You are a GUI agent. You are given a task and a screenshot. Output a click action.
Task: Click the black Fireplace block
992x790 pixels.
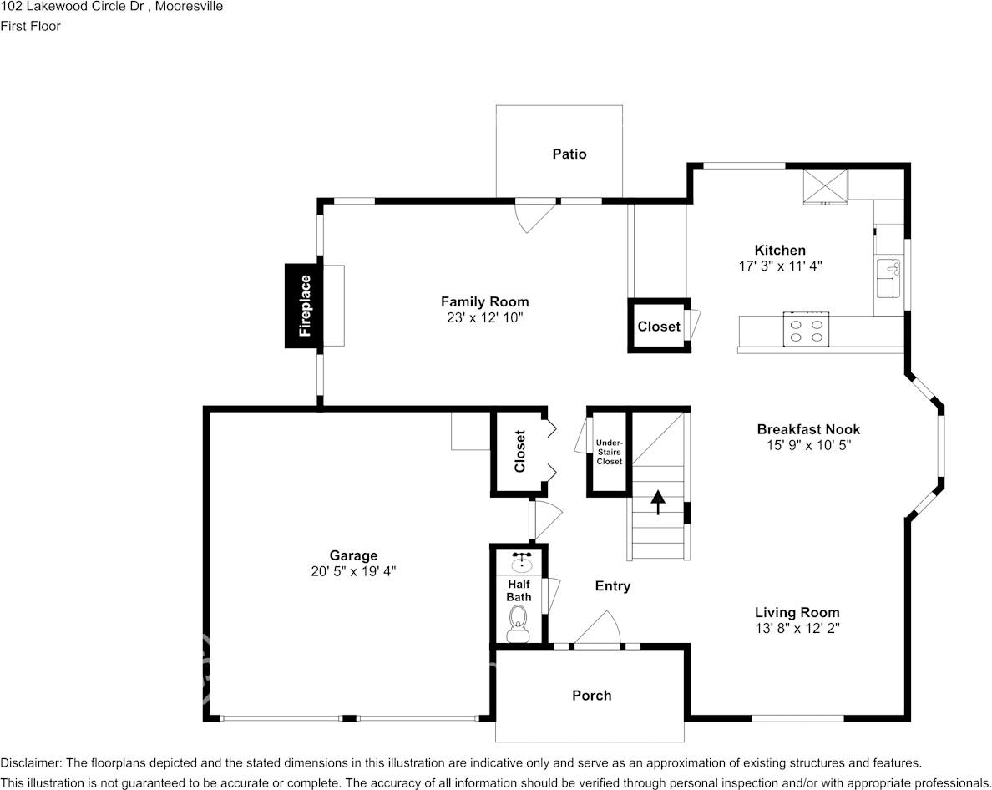(304, 306)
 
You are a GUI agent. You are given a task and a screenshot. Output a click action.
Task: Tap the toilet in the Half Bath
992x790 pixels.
(519, 620)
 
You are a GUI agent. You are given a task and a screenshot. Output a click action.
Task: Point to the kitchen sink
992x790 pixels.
(888, 279)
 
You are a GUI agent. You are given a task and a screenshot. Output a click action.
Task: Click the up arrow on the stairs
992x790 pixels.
(658, 501)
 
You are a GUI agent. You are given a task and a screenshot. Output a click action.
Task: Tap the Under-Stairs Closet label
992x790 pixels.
(609, 452)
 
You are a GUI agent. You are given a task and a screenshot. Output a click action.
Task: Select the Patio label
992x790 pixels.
(569, 154)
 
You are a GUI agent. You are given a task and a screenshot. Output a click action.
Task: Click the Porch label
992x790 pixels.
(591, 695)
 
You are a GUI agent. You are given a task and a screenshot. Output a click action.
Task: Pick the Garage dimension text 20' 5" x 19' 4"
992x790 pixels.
(353, 571)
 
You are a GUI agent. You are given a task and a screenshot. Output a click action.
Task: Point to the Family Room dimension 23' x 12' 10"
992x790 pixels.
(484, 318)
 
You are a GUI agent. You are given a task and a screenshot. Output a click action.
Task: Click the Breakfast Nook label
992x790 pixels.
(807, 429)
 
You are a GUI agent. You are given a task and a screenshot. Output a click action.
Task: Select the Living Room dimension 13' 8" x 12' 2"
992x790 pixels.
(797, 628)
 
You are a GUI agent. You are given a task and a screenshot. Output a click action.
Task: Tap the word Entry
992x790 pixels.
(612, 586)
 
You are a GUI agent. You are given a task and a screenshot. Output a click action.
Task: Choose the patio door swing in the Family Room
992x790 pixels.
(533, 215)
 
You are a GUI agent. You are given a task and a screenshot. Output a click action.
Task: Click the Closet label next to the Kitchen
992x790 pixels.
(658, 327)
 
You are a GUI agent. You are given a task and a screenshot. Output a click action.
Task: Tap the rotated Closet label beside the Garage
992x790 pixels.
(519, 452)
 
